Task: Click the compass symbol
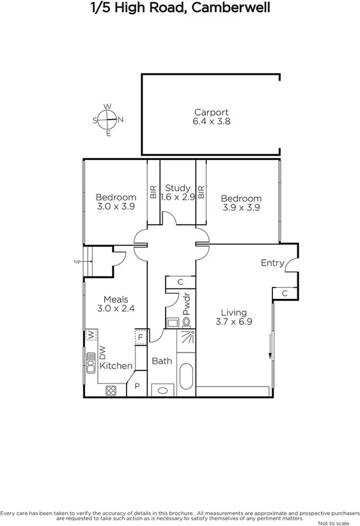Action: coord(108,120)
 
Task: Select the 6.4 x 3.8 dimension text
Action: coord(211,121)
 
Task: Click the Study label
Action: coord(178,187)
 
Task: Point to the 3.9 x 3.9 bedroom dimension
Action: coord(242,207)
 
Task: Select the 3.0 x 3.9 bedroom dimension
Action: coord(116,206)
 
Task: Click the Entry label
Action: coord(272,262)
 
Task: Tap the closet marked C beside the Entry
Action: coord(284,293)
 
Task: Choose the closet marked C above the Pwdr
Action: coord(180,282)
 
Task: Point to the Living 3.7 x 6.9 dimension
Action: coord(233,322)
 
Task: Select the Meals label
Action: coord(116,299)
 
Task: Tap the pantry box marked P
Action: coord(137,387)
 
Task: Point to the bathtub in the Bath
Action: coord(187,377)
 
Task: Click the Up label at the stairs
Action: coord(77,261)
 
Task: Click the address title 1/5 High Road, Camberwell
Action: coord(180,8)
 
